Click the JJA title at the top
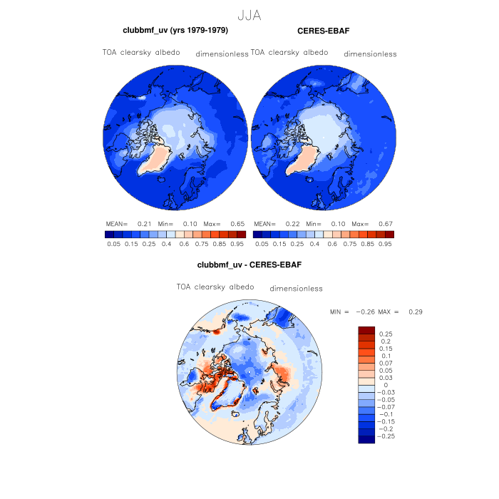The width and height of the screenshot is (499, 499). pos(249,14)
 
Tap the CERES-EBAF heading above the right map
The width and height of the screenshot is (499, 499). pos(322,31)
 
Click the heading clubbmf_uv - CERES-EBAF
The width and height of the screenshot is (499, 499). pos(249,265)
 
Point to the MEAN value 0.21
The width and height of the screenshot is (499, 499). pos(143,223)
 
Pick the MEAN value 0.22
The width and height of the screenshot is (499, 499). pos(291,223)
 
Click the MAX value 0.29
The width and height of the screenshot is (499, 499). pos(416,312)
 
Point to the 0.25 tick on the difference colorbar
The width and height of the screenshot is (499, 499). pos(386,334)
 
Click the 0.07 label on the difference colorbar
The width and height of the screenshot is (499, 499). pos(386,364)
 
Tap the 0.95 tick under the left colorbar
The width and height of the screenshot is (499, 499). pos(237,244)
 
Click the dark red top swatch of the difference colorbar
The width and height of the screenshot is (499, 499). pos(366,330)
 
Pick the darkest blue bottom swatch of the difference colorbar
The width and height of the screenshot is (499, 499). pos(366,439)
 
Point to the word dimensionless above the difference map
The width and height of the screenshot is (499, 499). pos(297,289)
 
